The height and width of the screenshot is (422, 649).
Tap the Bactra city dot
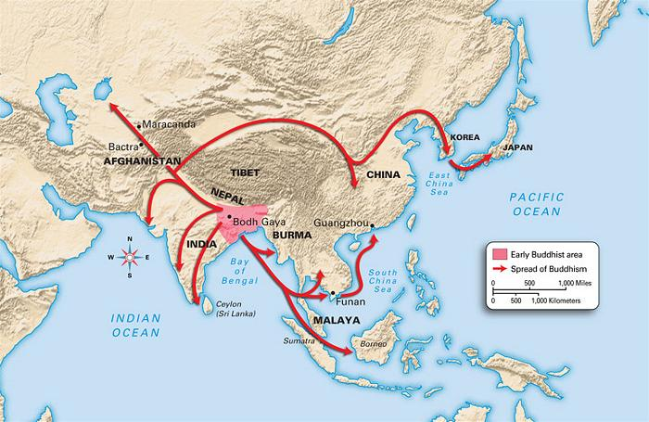click(x=141, y=146)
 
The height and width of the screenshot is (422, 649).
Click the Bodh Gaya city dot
click(x=228, y=216)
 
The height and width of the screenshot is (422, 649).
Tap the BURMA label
click(x=291, y=235)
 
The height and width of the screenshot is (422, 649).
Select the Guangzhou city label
click(x=340, y=223)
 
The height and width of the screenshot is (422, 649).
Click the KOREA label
click(x=464, y=137)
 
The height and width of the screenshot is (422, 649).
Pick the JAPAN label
click(x=517, y=147)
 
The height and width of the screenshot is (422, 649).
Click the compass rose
click(x=130, y=258)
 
